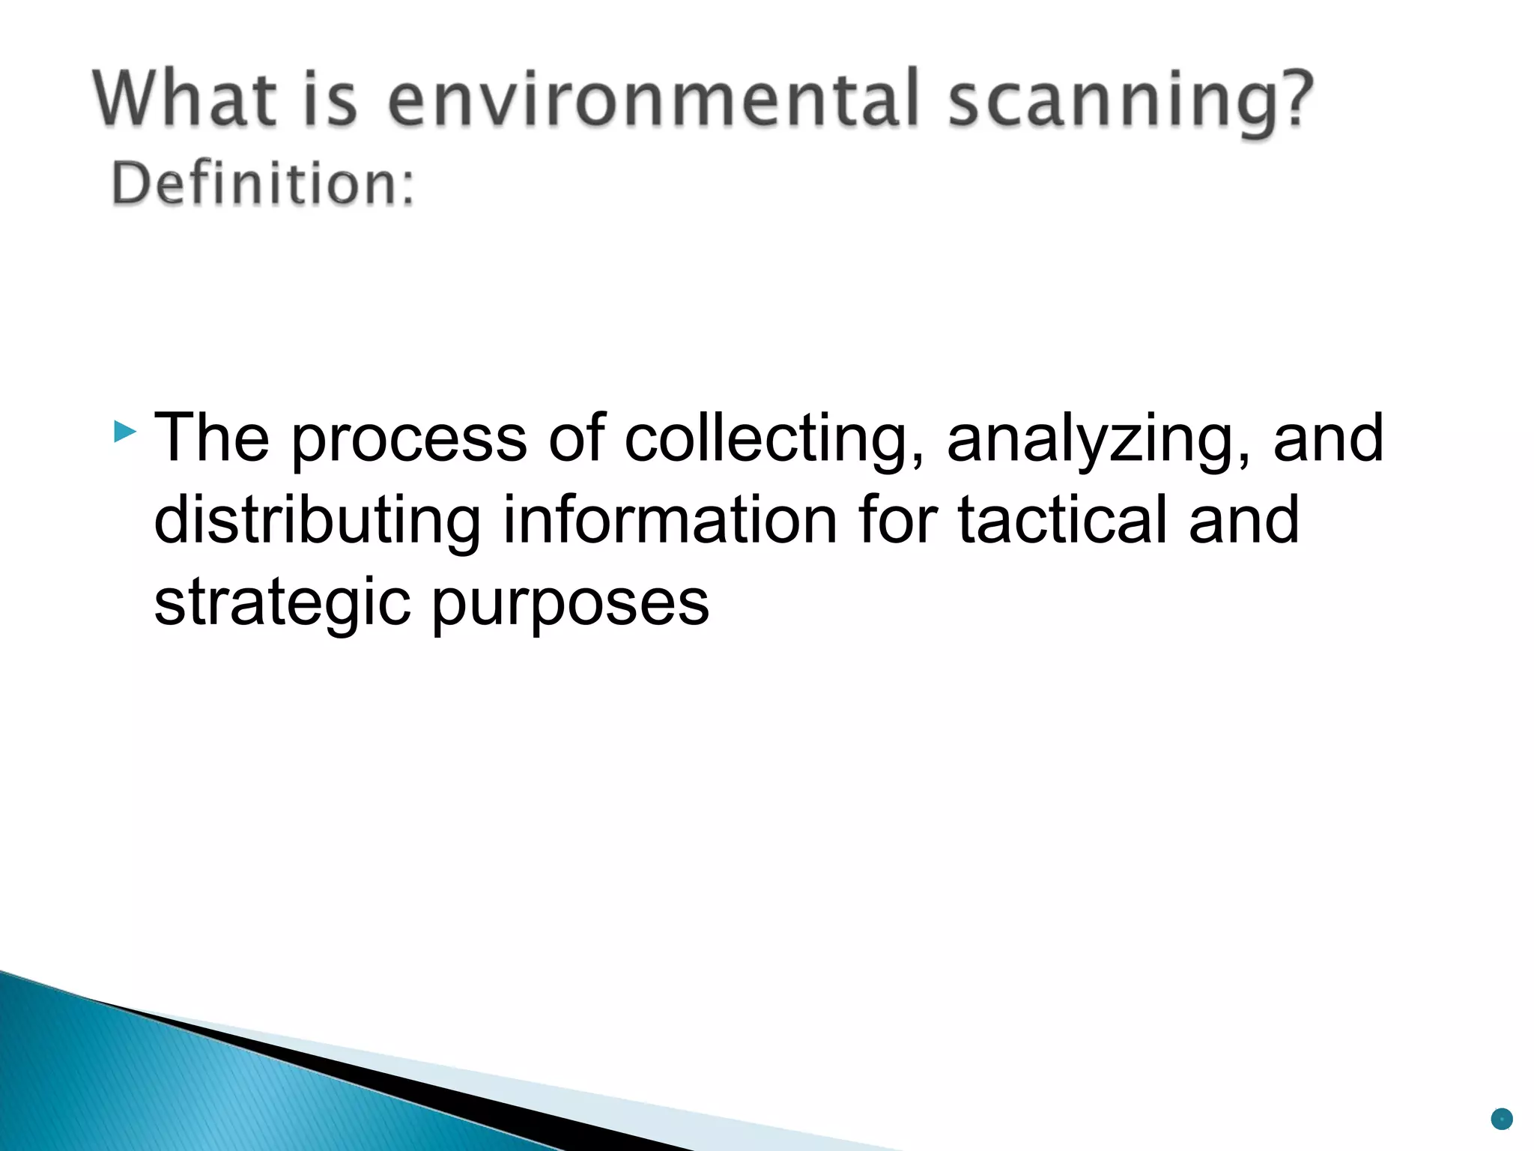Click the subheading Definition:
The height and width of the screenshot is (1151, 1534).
tap(263, 184)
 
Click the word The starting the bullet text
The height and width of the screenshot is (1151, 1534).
tap(212, 438)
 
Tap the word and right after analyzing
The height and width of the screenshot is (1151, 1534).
tap(1327, 438)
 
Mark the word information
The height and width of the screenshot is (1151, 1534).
tap(669, 520)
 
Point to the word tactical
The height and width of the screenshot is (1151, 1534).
tap(1062, 520)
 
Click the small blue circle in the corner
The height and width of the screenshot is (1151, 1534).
tap(1502, 1119)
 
